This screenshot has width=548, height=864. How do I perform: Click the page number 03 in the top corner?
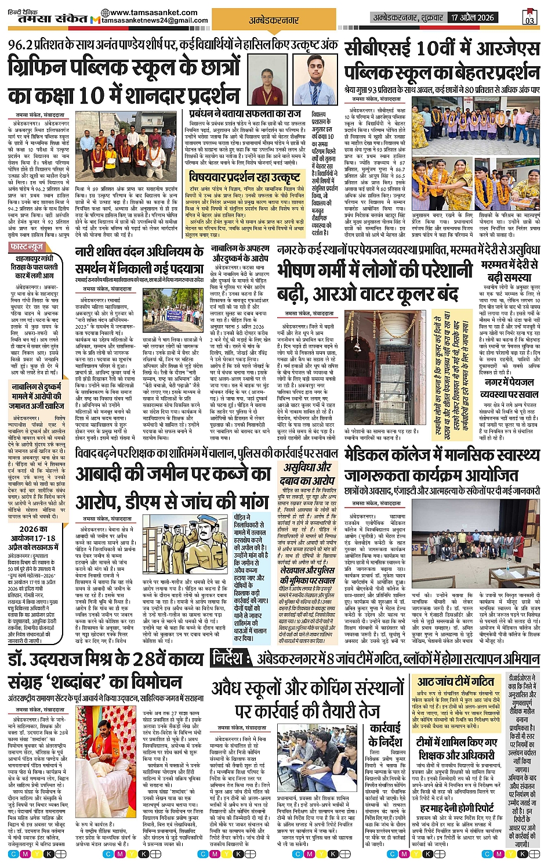[x=529, y=18]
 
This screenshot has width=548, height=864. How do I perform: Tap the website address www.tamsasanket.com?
[x=144, y=13]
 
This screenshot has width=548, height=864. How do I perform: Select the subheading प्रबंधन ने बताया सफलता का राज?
[x=245, y=114]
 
